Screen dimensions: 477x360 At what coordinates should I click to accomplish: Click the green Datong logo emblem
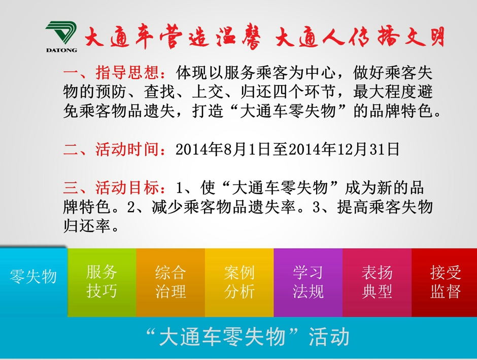(x=61, y=32)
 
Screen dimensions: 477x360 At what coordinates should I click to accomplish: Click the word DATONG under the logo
(x=61, y=50)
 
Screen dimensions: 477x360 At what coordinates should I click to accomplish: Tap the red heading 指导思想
(x=127, y=73)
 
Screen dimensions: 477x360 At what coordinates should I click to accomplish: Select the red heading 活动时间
(x=127, y=149)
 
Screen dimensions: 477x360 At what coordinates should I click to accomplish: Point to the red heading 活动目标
(x=127, y=187)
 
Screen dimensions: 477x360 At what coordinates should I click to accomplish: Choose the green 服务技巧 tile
(x=101, y=282)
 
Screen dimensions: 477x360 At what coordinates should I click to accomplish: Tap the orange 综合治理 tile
(x=171, y=282)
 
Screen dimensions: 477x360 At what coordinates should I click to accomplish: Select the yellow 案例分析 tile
(x=240, y=282)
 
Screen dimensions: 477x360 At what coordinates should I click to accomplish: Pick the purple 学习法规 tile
(x=308, y=282)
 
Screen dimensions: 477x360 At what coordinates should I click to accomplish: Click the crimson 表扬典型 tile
(x=377, y=282)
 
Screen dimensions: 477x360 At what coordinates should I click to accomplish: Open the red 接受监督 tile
(x=444, y=282)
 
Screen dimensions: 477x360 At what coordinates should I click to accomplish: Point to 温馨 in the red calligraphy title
(x=238, y=37)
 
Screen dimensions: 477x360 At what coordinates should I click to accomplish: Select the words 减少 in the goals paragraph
(x=167, y=207)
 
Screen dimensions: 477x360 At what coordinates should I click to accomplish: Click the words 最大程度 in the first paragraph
(x=385, y=91)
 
